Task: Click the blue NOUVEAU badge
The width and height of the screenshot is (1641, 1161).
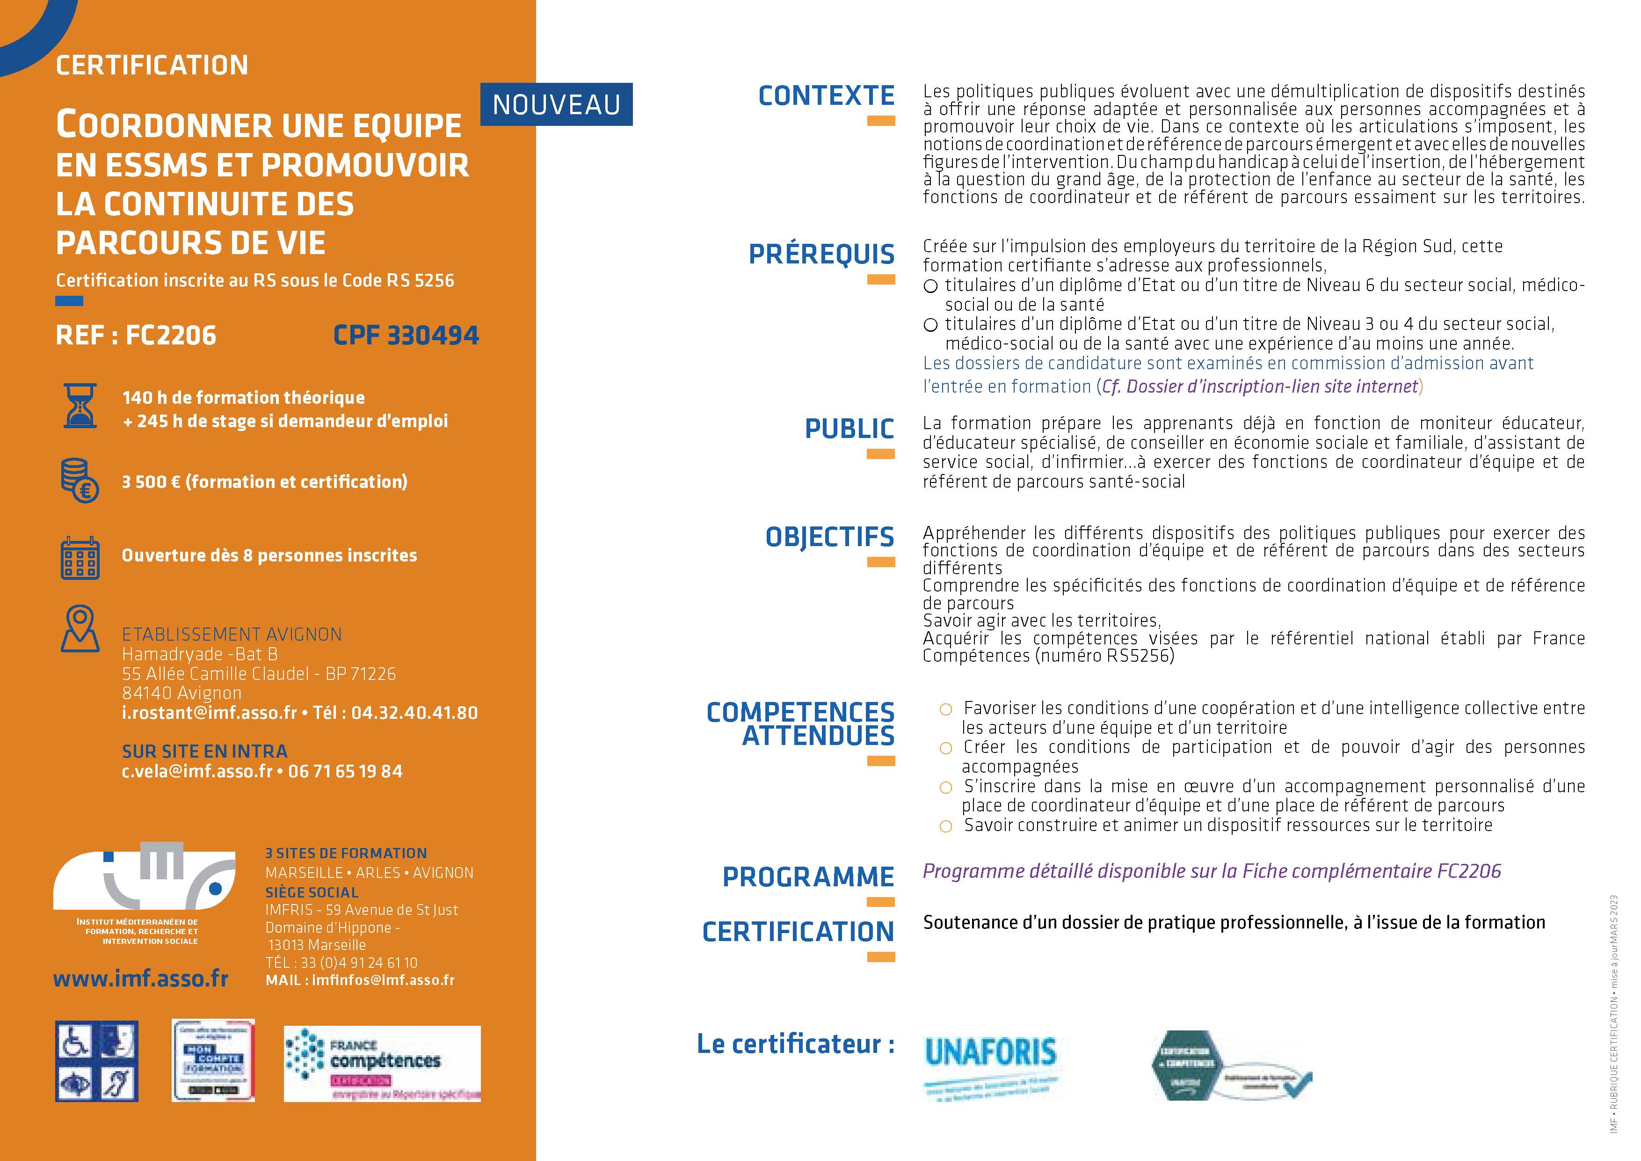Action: pyautogui.click(x=556, y=105)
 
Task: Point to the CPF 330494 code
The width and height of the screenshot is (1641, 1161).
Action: pyautogui.click(x=406, y=335)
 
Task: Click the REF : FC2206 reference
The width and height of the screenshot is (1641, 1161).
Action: pyautogui.click(x=136, y=335)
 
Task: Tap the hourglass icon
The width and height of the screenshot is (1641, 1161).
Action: pyautogui.click(x=80, y=407)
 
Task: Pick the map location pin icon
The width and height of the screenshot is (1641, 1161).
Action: pyautogui.click(x=80, y=628)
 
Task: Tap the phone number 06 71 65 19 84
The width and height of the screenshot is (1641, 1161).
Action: pyautogui.click(x=345, y=771)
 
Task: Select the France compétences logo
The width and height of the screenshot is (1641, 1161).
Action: pyautogui.click(x=382, y=1063)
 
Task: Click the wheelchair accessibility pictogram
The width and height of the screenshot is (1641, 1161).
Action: pyautogui.click(x=76, y=1041)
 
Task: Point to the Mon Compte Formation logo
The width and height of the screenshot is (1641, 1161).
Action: pyautogui.click(x=213, y=1060)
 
